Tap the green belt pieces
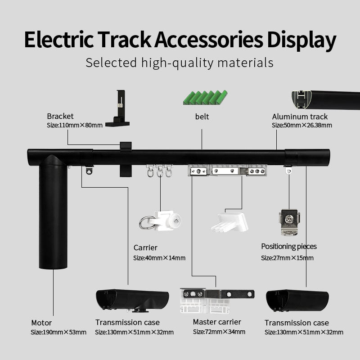coord(205,97)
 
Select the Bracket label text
coord(60,117)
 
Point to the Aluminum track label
coord(300,117)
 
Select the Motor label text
coord(41,323)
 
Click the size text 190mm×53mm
coord(58,333)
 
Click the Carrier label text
coord(145,247)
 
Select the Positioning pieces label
coord(289,247)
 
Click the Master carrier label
coord(217,322)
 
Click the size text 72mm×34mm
coord(219,332)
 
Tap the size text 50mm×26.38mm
coord(301,126)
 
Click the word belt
coord(202,117)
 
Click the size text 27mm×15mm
coord(287,258)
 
